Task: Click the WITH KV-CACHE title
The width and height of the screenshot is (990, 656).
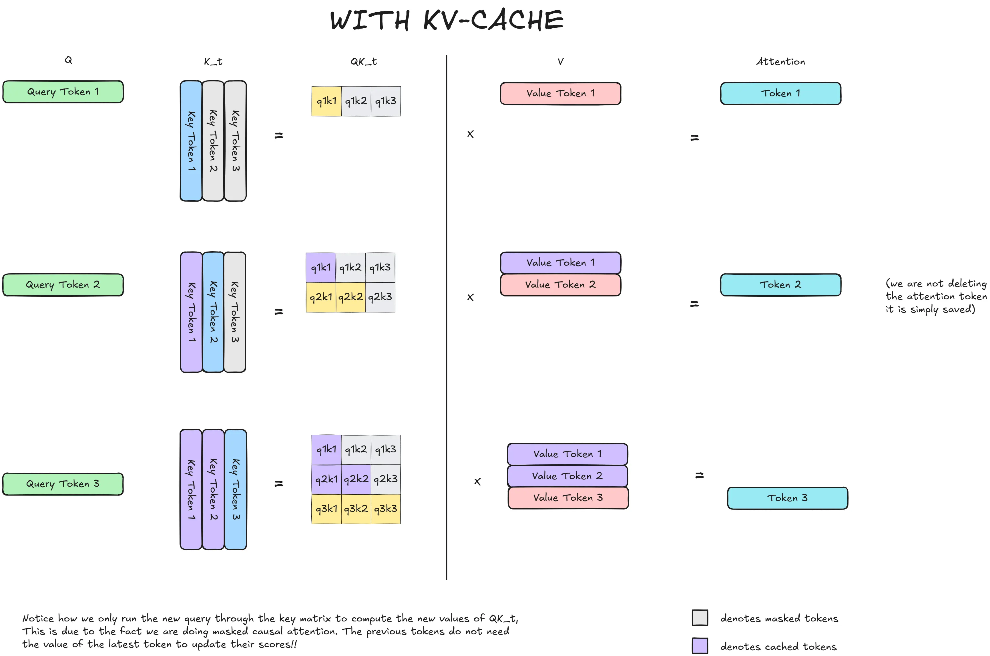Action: coord(447,20)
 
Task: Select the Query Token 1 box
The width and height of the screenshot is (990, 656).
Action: coord(63,92)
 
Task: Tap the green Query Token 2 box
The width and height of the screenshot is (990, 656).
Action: coord(63,285)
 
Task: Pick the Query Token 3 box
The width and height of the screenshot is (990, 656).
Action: coord(63,484)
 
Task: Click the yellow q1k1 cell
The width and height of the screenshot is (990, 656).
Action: coord(326,101)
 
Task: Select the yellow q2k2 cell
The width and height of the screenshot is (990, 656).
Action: coord(350,297)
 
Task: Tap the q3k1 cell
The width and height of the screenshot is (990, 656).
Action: coord(326,509)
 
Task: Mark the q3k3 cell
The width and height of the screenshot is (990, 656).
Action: coord(386,509)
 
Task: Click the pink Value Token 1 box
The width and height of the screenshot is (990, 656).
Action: coord(560,93)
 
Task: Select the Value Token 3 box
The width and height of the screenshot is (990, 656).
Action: coord(568,498)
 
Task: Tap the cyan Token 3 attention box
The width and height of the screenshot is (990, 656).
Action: coord(787,498)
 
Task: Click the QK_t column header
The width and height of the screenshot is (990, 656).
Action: coord(364,61)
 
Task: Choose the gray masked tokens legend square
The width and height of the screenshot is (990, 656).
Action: coord(700,617)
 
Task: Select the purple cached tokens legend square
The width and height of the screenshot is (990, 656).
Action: coord(700,645)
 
